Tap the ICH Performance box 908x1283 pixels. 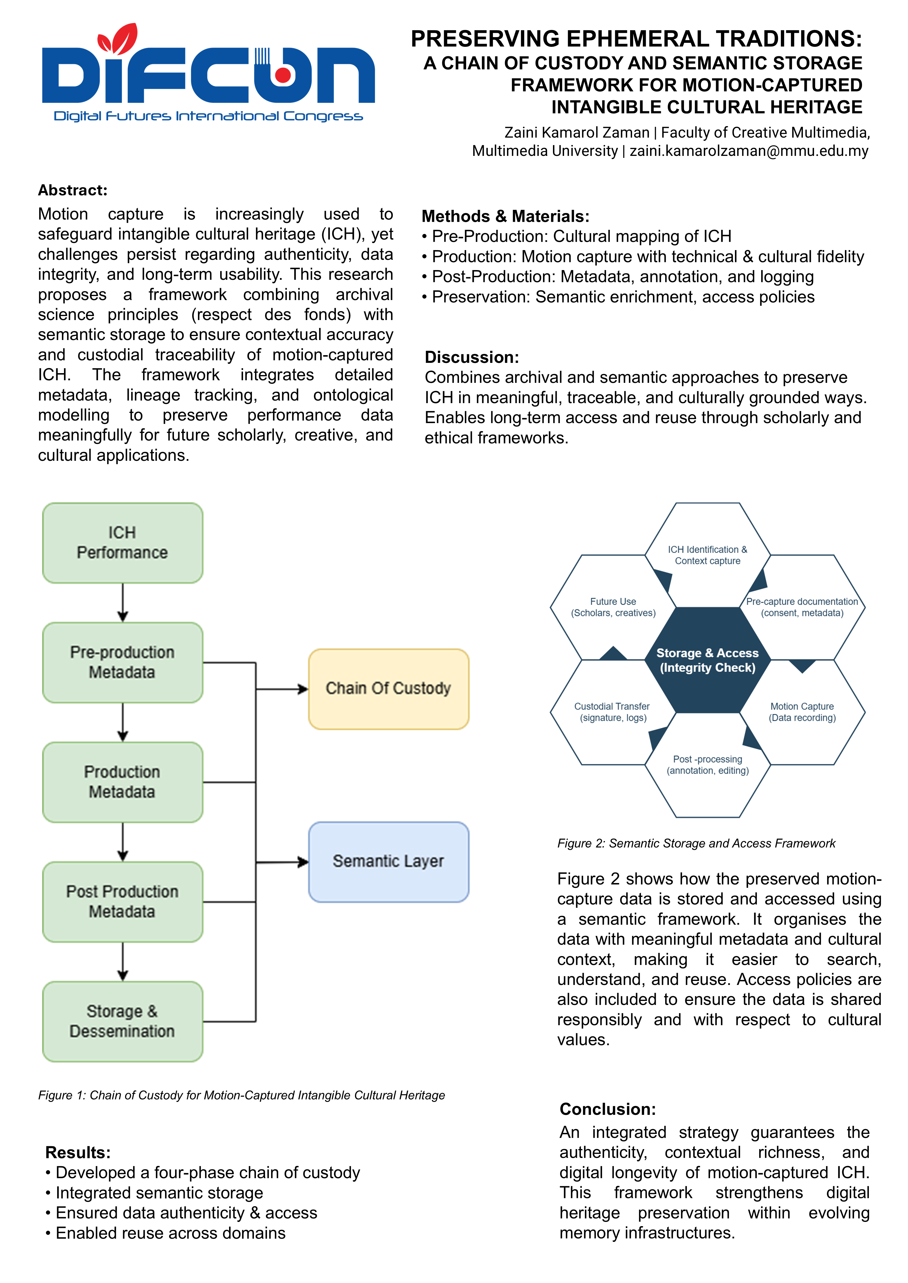(123, 543)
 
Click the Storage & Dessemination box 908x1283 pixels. (123, 1021)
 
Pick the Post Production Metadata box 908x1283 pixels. (123, 901)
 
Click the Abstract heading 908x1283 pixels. (73, 190)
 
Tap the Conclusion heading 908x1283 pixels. (608, 1109)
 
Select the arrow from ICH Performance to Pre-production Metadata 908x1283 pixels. (123, 602)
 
